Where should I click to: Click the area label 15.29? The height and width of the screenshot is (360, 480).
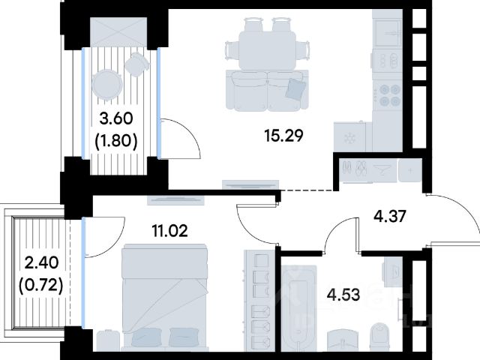[x=283, y=136]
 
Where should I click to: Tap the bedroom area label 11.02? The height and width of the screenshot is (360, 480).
[x=170, y=230]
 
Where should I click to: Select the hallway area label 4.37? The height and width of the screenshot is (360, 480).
[x=390, y=216]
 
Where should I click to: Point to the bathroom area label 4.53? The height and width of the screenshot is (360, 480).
[x=343, y=295]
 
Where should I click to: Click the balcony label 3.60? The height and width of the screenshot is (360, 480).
[x=116, y=118]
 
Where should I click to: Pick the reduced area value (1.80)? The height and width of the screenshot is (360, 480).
[x=116, y=141]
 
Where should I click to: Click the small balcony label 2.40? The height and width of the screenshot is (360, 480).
[x=41, y=262]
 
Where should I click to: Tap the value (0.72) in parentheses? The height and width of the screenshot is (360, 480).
[x=41, y=286]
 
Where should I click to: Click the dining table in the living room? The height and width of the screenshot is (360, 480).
[x=267, y=50]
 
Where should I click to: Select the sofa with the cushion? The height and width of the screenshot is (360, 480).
[x=267, y=90]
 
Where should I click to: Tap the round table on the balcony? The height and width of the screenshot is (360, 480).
[x=107, y=84]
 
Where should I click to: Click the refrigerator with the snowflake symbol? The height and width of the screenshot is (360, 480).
[x=349, y=137]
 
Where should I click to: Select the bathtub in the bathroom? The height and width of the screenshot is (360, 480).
[x=298, y=308]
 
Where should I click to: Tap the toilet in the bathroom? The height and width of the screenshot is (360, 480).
[x=379, y=337]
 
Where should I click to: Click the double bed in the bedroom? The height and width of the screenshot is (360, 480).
[x=165, y=296]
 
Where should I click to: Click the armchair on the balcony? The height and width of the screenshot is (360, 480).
[x=136, y=64]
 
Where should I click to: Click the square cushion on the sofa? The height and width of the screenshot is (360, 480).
[x=295, y=88]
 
